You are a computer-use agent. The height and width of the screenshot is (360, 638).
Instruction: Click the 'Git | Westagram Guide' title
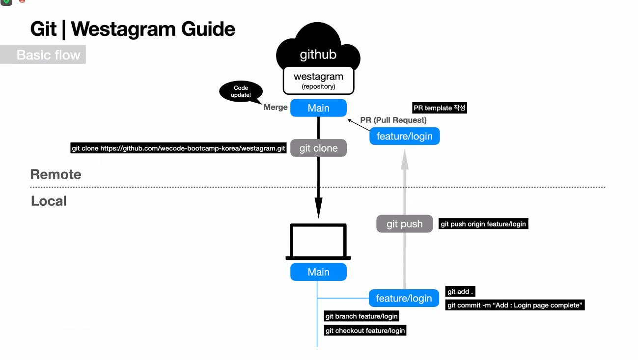(x=133, y=29)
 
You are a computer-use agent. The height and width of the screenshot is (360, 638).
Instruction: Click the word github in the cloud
(x=318, y=55)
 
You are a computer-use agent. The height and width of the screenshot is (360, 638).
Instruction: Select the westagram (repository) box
(x=318, y=81)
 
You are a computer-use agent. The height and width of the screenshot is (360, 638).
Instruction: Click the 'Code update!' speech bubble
(x=241, y=92)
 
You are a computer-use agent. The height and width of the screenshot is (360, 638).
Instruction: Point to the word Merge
(x=276, y=107)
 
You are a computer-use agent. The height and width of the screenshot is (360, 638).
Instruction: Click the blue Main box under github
(x=318, y=108)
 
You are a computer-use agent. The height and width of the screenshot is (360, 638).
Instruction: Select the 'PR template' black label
(x=440, y=108)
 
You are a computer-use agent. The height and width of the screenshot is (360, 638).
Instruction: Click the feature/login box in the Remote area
(x=404, y=136)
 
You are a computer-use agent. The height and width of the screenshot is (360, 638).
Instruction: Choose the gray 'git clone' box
(x=318, y=148)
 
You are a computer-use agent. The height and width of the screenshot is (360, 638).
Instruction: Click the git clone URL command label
(x=178, y=148)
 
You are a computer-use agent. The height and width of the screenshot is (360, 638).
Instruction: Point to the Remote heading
(x=55, y=174)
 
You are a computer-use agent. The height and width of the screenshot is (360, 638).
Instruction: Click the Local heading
(x=49, y=201)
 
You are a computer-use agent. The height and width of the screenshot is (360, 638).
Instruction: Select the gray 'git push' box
(x=405, y=224)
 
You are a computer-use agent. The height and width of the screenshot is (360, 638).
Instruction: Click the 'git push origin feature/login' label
(x=483, y=224)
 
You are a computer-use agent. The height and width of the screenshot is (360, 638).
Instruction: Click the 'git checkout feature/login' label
(x=365, y=331)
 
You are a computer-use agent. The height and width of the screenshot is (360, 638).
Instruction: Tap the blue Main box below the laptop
(x=318, y=272)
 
